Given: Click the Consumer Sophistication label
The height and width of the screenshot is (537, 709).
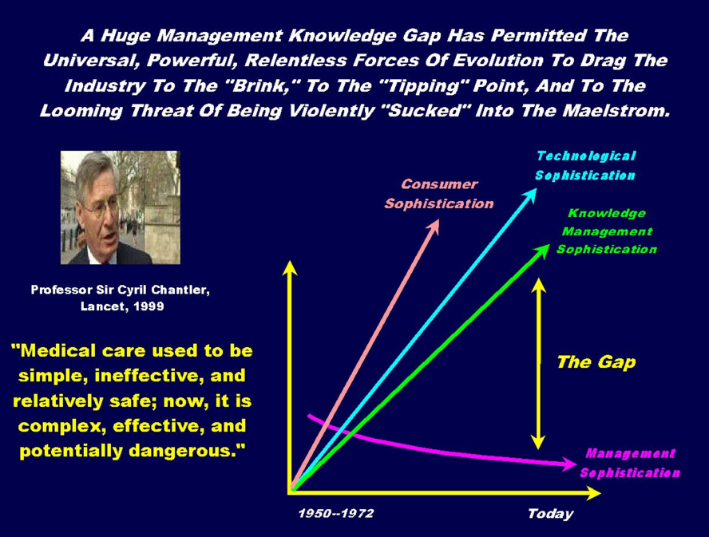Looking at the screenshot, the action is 438,194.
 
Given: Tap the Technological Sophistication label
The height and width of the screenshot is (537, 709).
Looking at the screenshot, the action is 585,165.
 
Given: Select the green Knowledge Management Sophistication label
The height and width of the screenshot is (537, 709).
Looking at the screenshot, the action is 606,231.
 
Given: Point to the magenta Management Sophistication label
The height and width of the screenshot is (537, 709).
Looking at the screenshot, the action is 630,463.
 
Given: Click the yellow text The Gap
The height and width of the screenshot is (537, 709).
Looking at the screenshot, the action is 596,362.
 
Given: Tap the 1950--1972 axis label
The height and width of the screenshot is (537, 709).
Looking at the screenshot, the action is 336,514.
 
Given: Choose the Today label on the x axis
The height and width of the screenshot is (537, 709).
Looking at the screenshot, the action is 550,514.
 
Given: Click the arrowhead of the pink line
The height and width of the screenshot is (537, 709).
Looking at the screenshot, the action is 434,226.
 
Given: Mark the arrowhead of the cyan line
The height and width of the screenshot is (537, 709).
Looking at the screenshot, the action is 530,195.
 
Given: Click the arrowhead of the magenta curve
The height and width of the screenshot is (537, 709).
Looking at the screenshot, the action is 568,464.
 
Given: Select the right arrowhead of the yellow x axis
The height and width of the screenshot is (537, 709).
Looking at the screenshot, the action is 592,492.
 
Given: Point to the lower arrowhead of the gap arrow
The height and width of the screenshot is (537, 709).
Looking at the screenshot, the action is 538,443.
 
